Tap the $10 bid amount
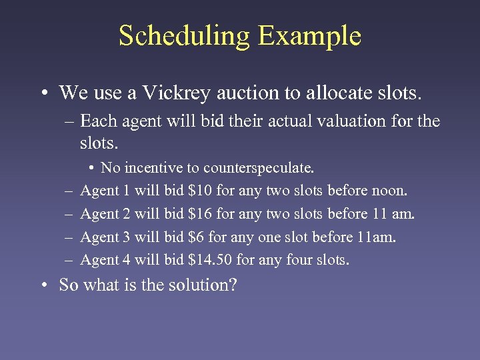click(x=201, y=191)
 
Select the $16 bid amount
click(x=201, y=214)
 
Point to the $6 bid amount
click(x=197, y=237)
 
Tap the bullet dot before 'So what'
click(x=43, y=285)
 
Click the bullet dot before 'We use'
click(x=43, y=93)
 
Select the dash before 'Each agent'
click(x=70, y=121)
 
